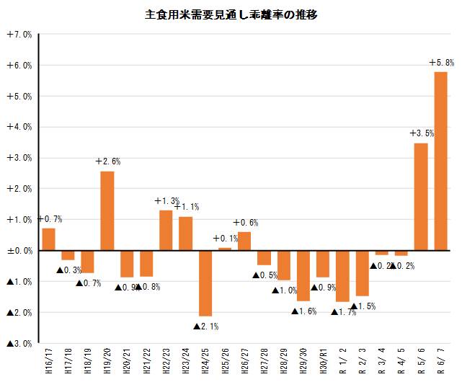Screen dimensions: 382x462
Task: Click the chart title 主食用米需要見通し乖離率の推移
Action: (231, 14)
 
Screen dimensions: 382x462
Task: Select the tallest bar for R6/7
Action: (441, 161)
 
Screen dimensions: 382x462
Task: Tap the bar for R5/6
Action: (421, 196)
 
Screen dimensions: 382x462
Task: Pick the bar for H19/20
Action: (107, 210)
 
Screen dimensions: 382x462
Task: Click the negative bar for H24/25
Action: (205, 283)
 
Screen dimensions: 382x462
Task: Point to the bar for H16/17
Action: (48, 239)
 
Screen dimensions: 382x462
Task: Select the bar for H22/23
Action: (166, 230)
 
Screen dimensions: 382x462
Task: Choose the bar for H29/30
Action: (303, 275)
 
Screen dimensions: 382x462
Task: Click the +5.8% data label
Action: (441, 63)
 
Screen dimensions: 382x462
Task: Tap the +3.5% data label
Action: (422, 133)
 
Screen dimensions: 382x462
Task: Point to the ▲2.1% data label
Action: (206, 327)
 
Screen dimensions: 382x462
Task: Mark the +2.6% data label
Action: (108, 161)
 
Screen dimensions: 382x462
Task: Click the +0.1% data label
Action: (226, 239)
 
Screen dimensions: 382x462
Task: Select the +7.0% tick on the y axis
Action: (19, 35)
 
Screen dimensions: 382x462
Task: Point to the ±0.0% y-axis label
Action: (19, 251)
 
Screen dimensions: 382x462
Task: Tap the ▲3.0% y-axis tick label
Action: (19, 344)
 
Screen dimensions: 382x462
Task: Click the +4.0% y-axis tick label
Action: (19, 128)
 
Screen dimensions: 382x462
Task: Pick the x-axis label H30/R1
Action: (323, 361)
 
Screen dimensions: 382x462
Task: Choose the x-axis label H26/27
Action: (244, 361)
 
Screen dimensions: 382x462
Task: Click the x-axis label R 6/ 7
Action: (441, 361)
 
